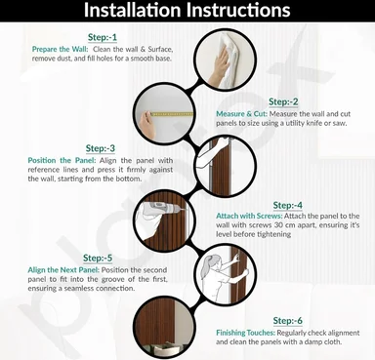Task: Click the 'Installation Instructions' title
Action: pos(187,10)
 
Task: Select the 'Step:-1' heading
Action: pos(103,37)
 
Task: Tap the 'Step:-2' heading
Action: pos(283,101)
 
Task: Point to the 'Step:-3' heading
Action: pos(101,148)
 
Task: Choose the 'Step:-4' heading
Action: pos(288,206)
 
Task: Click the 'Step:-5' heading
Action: pos(98,259)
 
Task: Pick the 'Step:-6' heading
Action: pos(288,321)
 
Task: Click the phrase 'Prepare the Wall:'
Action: pos(60,50)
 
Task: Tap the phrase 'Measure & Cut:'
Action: pos(241,114)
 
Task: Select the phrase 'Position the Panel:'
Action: pos(62,161)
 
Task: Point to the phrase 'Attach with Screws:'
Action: pos(249,217)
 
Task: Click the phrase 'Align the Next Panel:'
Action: pos(63,270)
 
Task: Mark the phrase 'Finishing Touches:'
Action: pos(246,333)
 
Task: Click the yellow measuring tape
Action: pos(172,114)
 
